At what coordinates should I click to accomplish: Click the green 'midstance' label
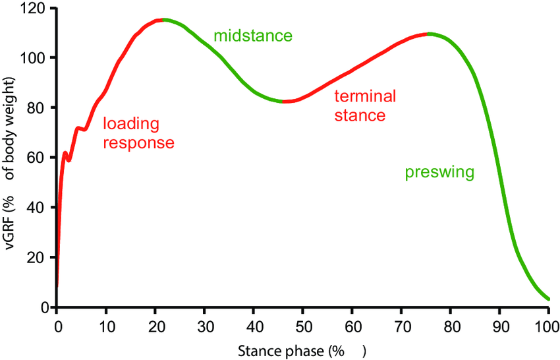(252, 36)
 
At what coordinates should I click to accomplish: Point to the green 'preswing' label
(439, 173)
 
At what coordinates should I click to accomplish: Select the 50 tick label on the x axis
(302, 326)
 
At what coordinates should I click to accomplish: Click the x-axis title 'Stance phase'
(294, 351)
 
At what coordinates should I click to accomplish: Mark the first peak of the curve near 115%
(161, 20)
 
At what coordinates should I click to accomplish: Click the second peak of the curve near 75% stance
(429, 34)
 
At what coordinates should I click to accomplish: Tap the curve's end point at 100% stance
(548, 299)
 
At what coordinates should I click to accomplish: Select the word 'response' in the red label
(138, 142)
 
